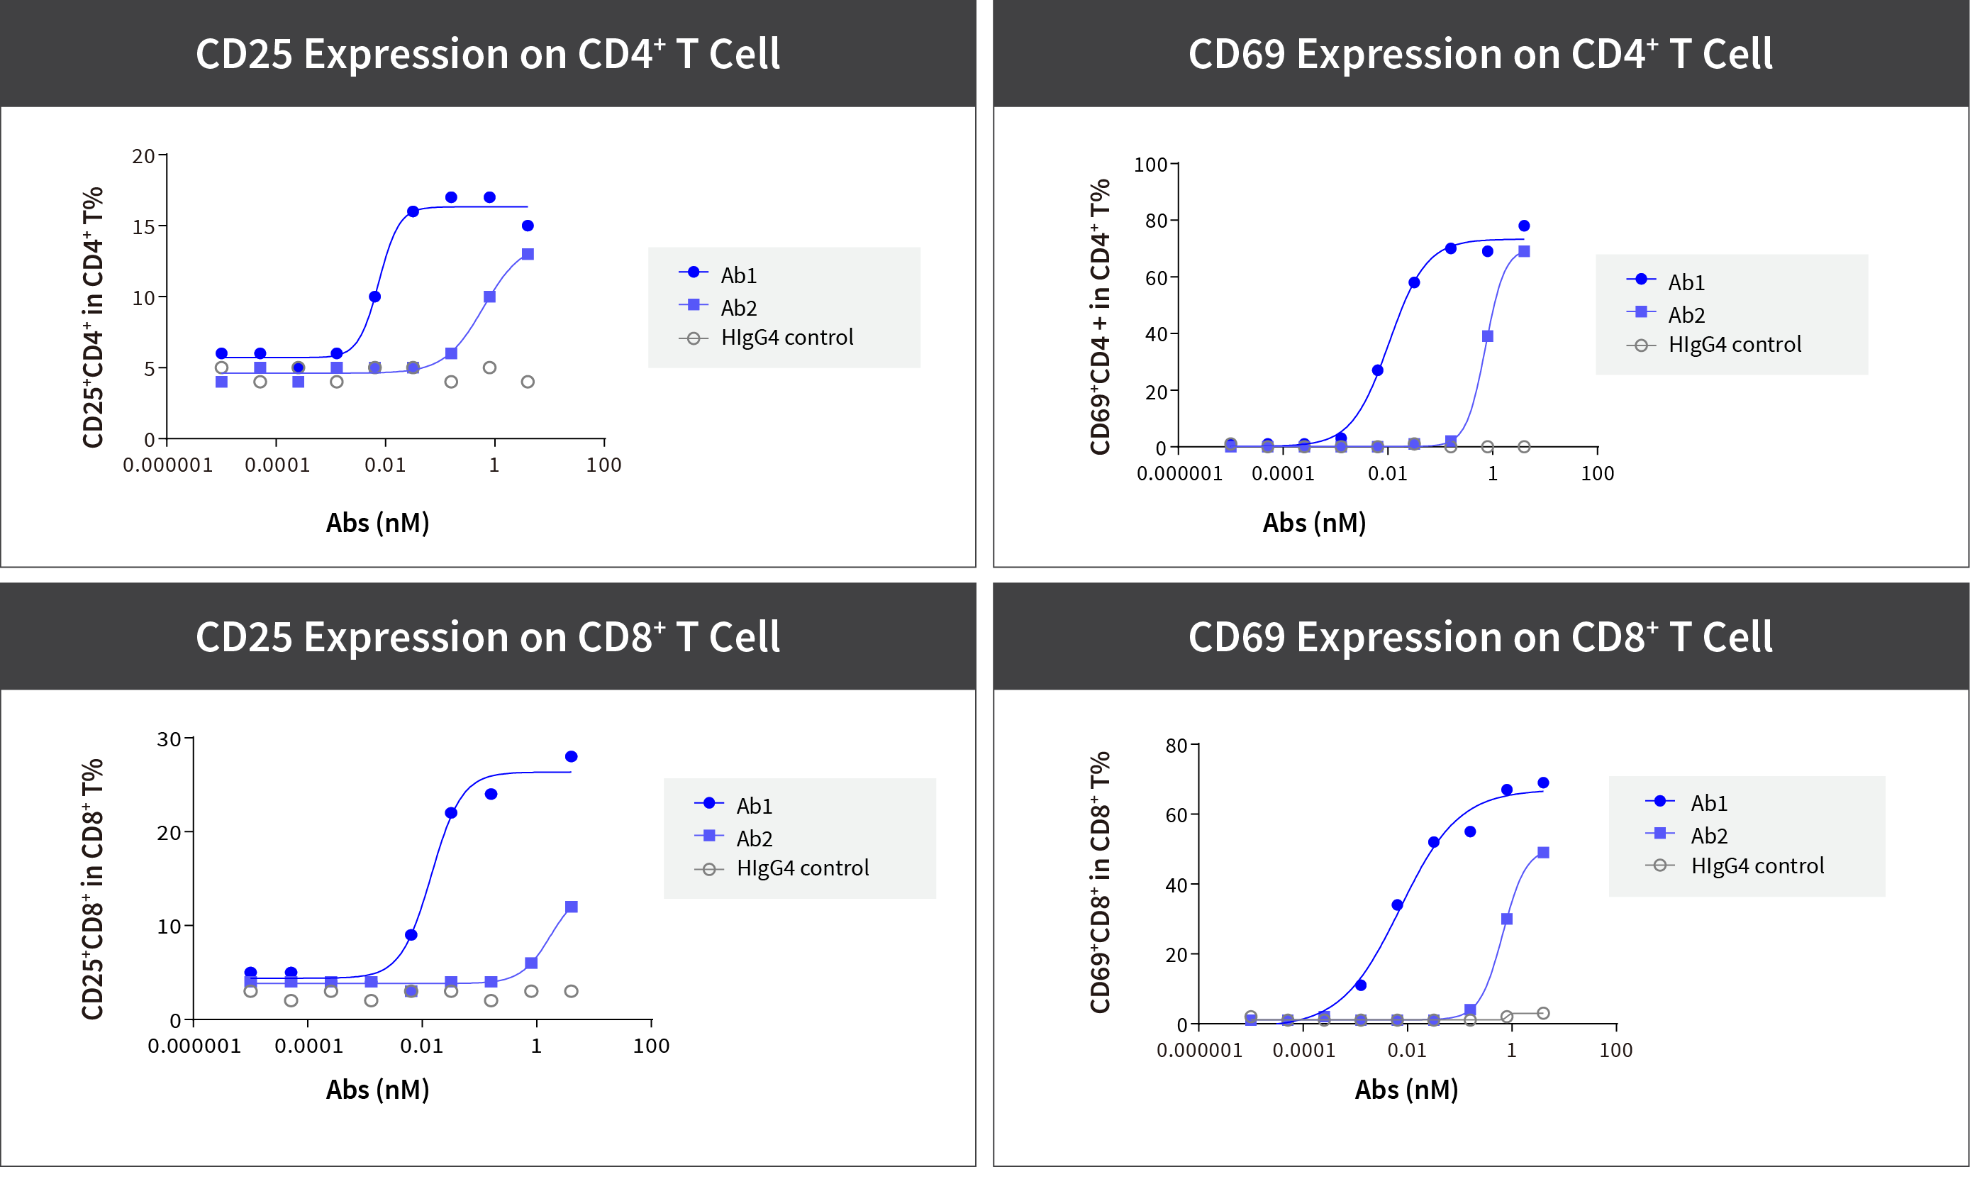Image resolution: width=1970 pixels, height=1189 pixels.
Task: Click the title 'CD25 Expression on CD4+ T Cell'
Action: tap(487, 55)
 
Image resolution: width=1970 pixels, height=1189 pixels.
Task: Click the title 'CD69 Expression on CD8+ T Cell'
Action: tap(1480, 637)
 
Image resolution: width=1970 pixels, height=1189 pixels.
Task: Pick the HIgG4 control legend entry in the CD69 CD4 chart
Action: tap(1734, 345)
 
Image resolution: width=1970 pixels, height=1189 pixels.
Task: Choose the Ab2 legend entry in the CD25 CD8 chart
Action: tap(753, 838)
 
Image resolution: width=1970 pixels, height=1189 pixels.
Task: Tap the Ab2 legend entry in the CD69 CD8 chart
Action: tap(1708, 836)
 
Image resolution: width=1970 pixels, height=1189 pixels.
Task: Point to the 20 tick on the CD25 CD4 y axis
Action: tap(144, 156)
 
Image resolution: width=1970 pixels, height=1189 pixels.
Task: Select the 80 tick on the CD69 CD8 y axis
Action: tap(1176, 746)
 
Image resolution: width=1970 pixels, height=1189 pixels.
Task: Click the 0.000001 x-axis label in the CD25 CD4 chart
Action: tap(168, 465)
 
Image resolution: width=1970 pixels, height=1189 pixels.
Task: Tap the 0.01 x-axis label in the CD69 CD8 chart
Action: tap(1406, 1050)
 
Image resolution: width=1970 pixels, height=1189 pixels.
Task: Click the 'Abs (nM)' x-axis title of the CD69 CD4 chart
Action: tap(1313, 523)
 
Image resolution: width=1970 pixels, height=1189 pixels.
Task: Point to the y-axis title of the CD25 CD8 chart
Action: tap(93, 888)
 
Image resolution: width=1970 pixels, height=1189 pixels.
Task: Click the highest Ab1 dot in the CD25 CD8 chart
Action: tap(571, 756)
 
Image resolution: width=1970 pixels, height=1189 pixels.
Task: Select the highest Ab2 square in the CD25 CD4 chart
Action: tap(528, 254)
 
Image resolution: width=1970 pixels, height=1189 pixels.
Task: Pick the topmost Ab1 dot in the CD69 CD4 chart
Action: tap(1524, 226)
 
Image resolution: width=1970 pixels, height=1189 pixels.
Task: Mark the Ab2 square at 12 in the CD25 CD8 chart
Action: tap(571, 907)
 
